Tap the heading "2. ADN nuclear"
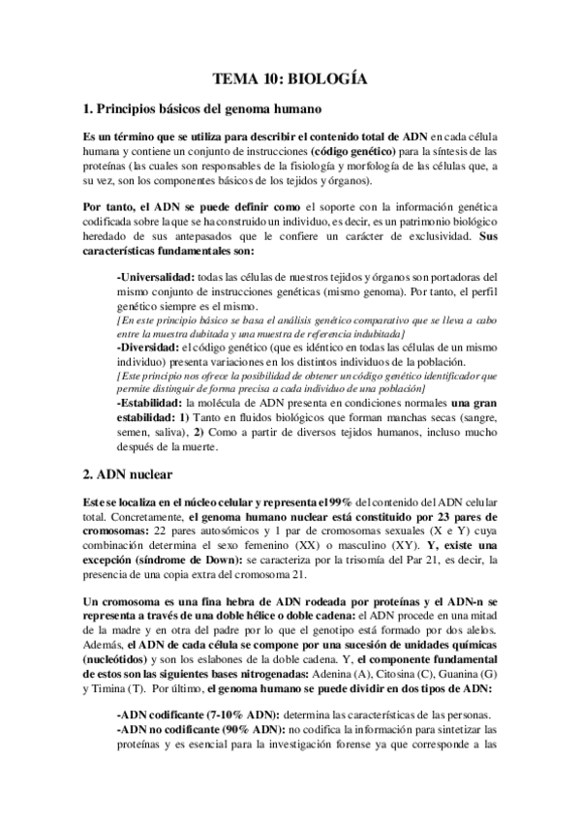[x=130, y=474]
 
